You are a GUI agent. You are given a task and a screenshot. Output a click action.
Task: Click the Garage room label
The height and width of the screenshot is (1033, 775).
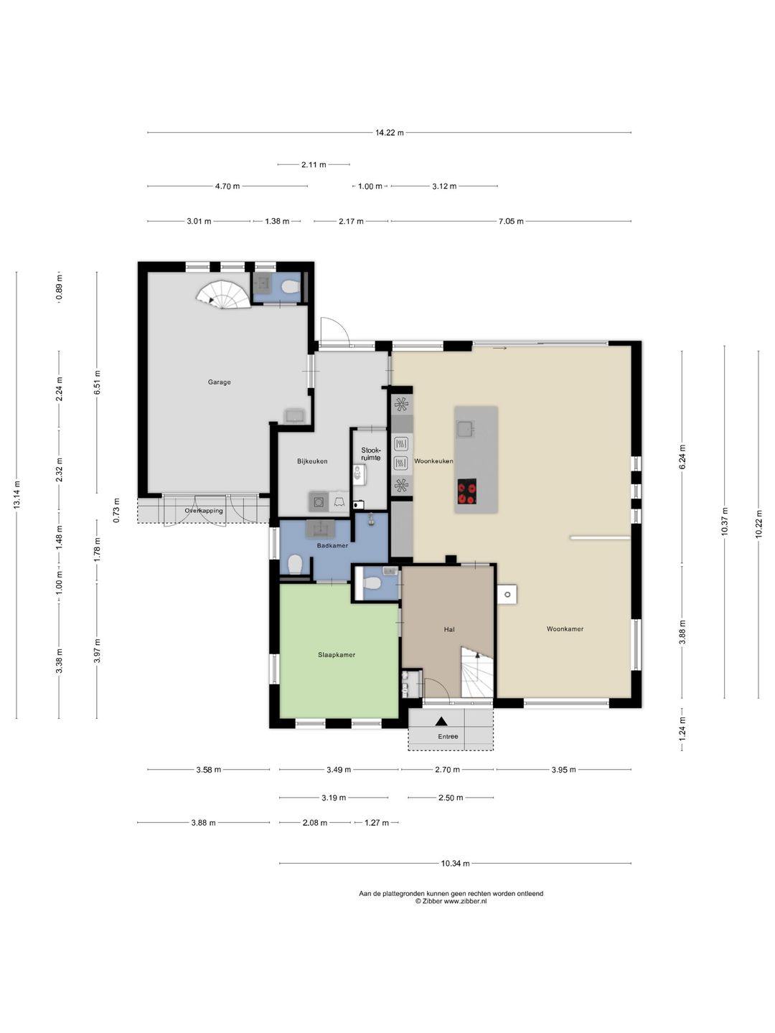(220, 382)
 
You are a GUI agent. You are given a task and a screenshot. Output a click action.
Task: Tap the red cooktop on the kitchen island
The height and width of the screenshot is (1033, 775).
(466, 491)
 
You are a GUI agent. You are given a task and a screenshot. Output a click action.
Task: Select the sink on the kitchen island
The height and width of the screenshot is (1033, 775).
(466, 429)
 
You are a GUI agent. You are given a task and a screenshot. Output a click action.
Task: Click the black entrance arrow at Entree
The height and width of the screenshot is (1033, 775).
(441, 721)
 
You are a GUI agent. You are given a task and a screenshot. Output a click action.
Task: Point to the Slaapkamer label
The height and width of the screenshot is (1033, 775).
(337, 655)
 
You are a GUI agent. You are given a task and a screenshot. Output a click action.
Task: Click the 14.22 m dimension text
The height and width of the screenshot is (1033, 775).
(389, 133)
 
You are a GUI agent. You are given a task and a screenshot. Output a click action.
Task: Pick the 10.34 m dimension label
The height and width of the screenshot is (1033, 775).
(455, 864)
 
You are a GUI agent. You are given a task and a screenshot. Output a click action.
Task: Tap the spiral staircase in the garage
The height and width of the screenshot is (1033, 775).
(223, 294)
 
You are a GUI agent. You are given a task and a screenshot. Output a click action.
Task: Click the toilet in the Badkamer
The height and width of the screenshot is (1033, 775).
(295, 565)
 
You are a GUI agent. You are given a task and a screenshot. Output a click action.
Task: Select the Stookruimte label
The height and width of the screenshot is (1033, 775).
(371, 453)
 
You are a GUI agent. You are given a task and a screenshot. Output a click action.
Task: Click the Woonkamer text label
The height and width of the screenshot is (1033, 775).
(565, 628)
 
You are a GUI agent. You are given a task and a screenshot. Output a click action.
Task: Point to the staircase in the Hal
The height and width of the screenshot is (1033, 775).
(476, 672)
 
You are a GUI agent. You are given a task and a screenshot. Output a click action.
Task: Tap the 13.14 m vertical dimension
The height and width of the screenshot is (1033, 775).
(17, 495)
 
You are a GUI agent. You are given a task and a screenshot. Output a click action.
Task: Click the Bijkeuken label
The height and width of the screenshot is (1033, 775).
(312, 461)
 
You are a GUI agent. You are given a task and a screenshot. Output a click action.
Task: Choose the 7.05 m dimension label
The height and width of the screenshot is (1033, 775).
(511, 221)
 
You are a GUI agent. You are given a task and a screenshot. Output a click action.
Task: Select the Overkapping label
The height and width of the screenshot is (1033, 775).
(204, 511)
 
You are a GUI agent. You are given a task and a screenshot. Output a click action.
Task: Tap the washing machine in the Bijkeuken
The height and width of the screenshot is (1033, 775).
(319, 501)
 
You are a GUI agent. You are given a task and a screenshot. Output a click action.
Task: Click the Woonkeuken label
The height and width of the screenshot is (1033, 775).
(433, 461)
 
